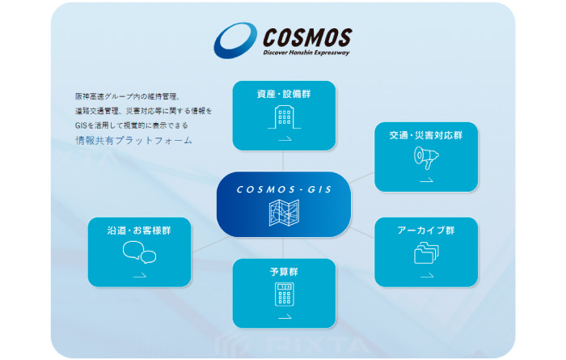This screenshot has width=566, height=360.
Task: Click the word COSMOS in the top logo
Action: (x=307, y=37)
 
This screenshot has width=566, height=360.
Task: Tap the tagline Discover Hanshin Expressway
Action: (x=306, y=53)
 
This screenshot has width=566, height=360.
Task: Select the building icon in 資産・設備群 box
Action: (x=284, y=117)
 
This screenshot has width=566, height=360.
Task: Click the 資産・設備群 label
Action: (x=284, y=94)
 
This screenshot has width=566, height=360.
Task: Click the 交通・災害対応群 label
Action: (x=426, y=135)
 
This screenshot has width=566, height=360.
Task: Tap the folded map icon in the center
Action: (x=284, y=213)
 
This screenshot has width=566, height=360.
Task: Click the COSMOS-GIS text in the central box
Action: (x=284, y=189)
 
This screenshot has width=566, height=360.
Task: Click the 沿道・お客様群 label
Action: (x=139, y=231)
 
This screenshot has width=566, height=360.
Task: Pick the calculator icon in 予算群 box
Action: (x=284, y=294)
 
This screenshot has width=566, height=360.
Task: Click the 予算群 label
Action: (x=284, y=272)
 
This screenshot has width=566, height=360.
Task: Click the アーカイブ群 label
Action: (x=426, y=231)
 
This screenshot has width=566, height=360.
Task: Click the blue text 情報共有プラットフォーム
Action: (x=134, y=141)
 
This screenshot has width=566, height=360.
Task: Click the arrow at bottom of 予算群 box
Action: (x=285, y=318)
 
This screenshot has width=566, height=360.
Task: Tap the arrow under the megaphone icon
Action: (x=427, y=180)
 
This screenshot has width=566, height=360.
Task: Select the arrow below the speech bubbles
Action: (x=140, y=276)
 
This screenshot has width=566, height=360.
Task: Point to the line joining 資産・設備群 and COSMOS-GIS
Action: (x=283, y=161)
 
